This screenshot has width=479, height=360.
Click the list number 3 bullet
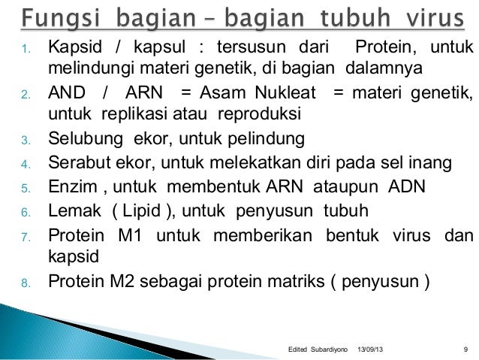[x=24, y=141]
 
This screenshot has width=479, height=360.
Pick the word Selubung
[x=82, y=139]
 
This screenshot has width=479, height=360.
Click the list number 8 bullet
[x=24, y=283]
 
